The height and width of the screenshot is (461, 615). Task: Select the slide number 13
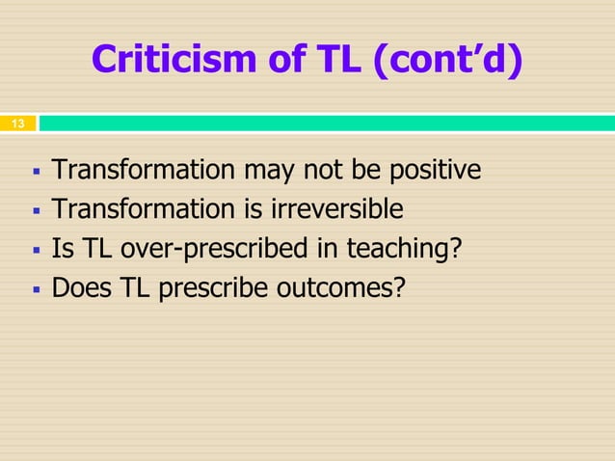pyautogui.click(x=17, y=124)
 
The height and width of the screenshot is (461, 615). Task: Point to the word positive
pyautogui.click(x=433, y=171)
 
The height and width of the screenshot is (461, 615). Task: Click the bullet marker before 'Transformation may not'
pyautogui.click(x=35, y=173)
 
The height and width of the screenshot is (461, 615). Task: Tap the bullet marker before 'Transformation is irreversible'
pyautogui.click(x=35, y=211)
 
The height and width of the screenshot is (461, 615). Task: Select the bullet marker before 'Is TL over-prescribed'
pyautogui.click(x=35, y=250)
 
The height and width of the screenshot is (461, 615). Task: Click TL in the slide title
pyautogui.click(x=335, y=61)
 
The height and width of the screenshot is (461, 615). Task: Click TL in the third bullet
pyautogui.click(x=94, y=249)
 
